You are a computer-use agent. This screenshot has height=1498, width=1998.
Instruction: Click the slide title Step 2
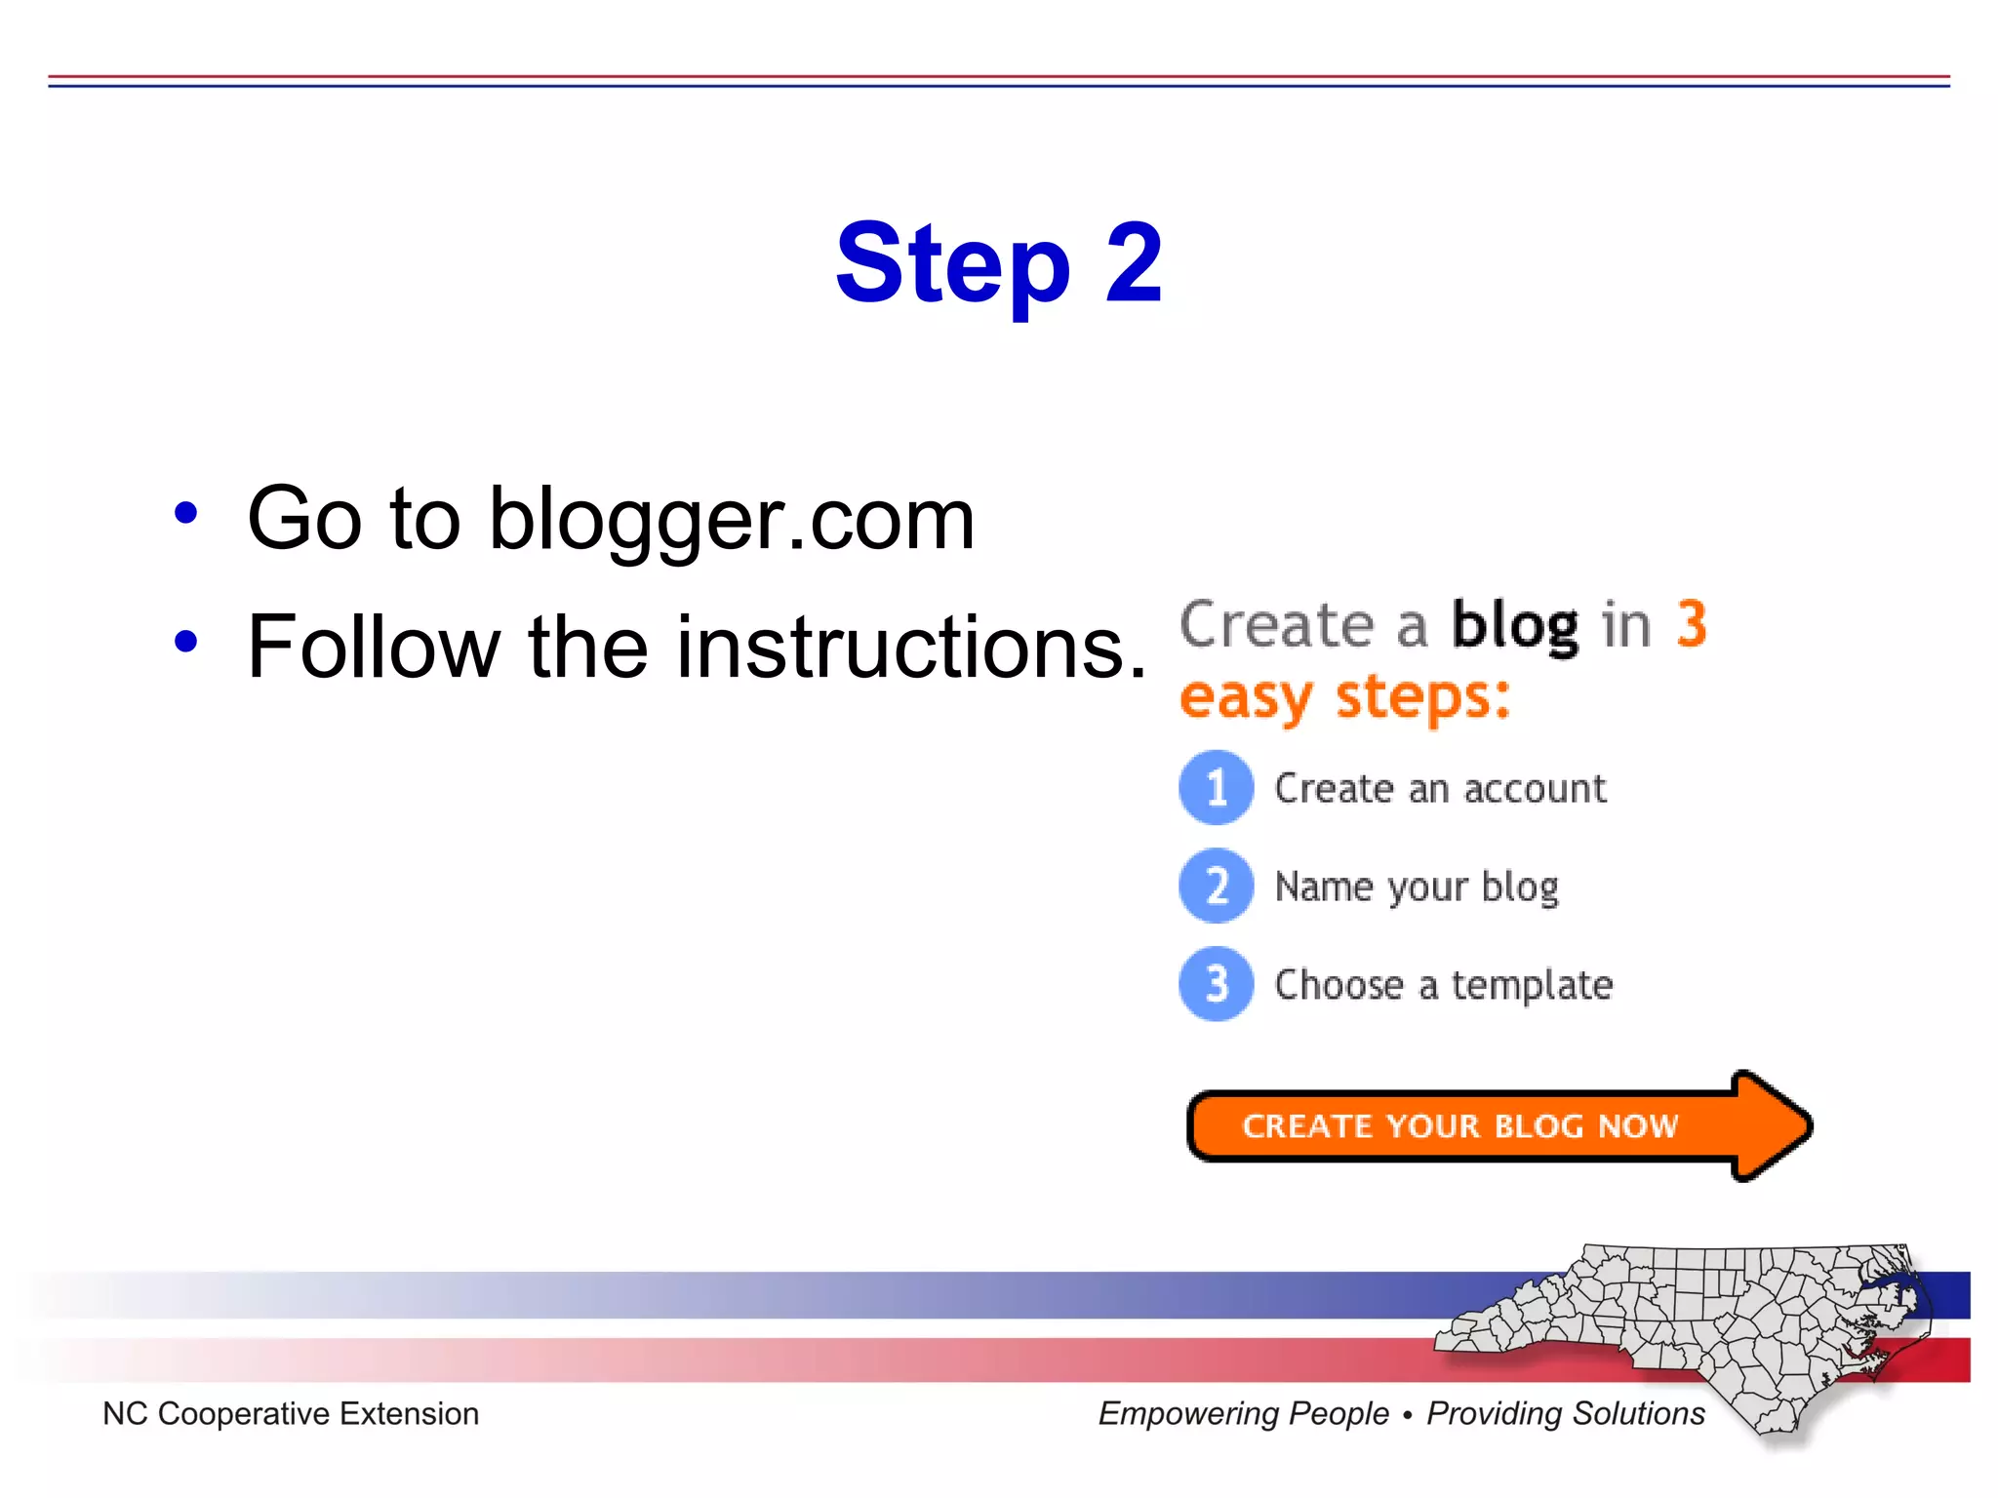pyautogui.click(x=998, y=263)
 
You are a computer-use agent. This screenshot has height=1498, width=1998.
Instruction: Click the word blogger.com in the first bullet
pyautogui.click(x=731, y=520)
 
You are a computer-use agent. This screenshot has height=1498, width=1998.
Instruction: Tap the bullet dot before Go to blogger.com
pyautogui.click(x=185, y=513)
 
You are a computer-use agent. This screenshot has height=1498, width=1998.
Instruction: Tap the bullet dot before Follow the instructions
pyautogui.click(x=185, y=642)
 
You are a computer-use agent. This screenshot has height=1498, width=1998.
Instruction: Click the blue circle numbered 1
pyautogui.click(x=1216, y=787)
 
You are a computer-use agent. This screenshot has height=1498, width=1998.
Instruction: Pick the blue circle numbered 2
pyautogui.click(x=1216, y=886)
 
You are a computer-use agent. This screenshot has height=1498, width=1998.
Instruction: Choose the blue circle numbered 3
pyautogui.click(x=1216, y=984)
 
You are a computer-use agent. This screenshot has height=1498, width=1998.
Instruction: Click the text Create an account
pyautogui.click(x=1439, y=788)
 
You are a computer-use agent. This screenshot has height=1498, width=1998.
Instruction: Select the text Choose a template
pyautogui.click(x=1443, y=986)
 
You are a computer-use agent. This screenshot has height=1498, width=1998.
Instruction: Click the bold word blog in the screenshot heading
pyautogui.click(x=1514, y=625)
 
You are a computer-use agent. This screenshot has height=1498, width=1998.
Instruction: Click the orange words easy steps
pyautogui.click(x=1344, y=697)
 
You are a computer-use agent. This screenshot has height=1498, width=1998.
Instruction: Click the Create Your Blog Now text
pyautogui.click(x=1459, y=1126)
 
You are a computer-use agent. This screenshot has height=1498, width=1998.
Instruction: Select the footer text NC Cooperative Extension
pyautogui.click(x=291, y=1413)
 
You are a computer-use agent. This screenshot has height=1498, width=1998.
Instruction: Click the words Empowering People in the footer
pyautogui.click(x=1243, y=1413)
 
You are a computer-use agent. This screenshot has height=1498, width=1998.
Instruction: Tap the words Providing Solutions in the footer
pyautogui.click(x=1565, y=1413)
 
